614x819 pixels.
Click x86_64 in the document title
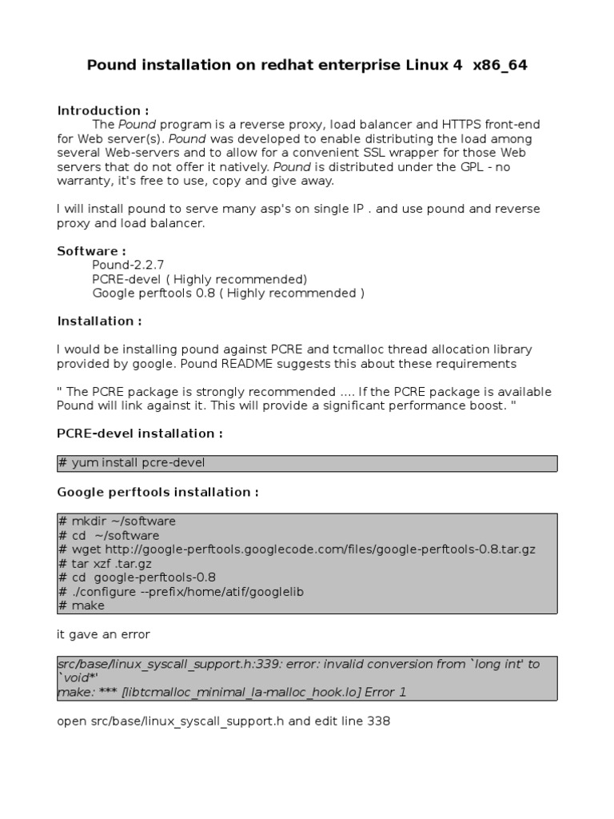point(500,66)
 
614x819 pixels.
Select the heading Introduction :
point(102,110)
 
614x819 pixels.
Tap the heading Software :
point(91,251)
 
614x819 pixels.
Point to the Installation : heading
point(99,321)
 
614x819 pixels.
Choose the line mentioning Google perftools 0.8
point(228,293)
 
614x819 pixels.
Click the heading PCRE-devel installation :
point(140,433)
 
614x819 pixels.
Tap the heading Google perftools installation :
point(157,492)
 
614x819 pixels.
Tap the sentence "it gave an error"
point(103,634)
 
